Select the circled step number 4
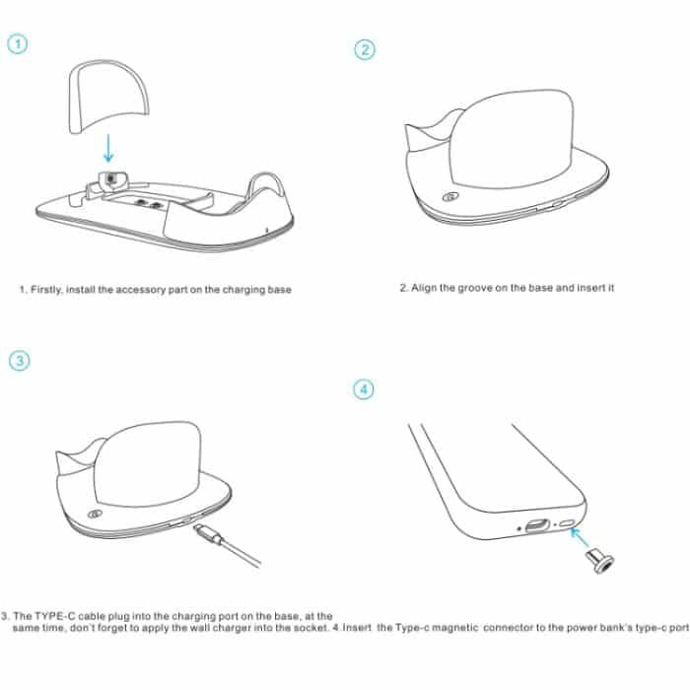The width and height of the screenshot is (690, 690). (365, 389)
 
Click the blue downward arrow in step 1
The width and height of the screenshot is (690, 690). (108, 145)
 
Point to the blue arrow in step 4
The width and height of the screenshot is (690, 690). (580, 538)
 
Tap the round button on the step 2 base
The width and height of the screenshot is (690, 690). (449, 197)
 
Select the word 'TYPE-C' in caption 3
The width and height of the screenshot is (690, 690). (56, 614)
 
